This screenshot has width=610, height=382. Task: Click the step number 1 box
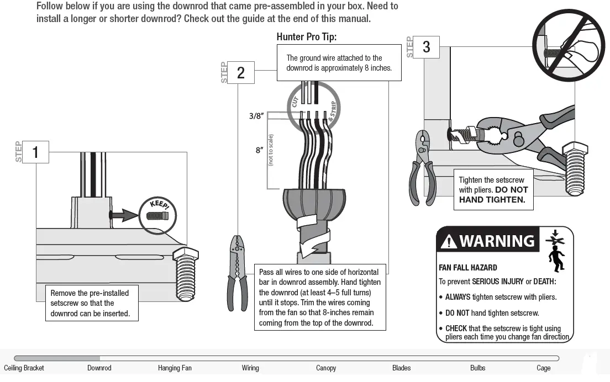35,152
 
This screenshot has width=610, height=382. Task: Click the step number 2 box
240,73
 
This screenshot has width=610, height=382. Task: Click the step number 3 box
426,47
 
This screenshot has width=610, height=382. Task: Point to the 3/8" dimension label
256,116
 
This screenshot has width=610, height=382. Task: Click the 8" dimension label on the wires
259,150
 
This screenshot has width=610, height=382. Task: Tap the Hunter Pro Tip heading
306,38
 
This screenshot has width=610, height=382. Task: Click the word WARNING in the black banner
497,241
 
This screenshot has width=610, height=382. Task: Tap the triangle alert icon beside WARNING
449,242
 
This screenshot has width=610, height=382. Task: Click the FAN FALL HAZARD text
467,268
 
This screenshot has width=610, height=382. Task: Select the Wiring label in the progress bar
250,368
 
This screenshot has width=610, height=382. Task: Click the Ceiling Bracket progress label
24,368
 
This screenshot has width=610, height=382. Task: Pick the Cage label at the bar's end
543,368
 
